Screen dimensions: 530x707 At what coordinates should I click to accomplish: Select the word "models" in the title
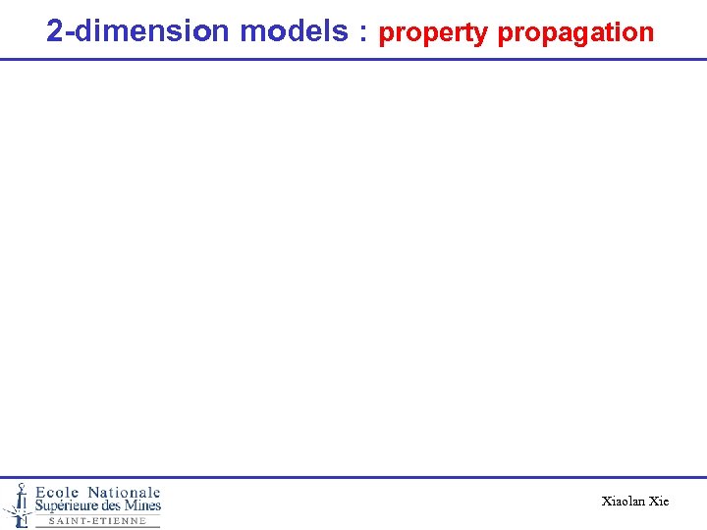click(x=294, y=31)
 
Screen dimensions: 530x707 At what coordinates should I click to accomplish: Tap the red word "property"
click(x=433, y=33)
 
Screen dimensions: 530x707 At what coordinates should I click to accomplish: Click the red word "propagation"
click(x=575, y=33)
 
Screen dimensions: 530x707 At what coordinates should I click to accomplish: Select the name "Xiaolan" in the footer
click(x=624, y=502)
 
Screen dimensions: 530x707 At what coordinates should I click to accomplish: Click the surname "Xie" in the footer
click(x=659, y=502)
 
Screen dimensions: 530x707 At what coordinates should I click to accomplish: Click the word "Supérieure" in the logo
click(x=71, y=506)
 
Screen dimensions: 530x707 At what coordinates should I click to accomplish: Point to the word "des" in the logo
click(x=116, y=506)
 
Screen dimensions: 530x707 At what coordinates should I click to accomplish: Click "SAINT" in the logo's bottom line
click(x=71, y=521)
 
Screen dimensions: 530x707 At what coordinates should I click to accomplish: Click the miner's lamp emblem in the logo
click(x=18, y=503)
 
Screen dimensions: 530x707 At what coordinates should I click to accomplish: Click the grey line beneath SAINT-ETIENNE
click(x=97, y=527)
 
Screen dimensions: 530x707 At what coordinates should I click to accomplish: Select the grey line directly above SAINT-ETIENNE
click(x=97, y=515)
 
